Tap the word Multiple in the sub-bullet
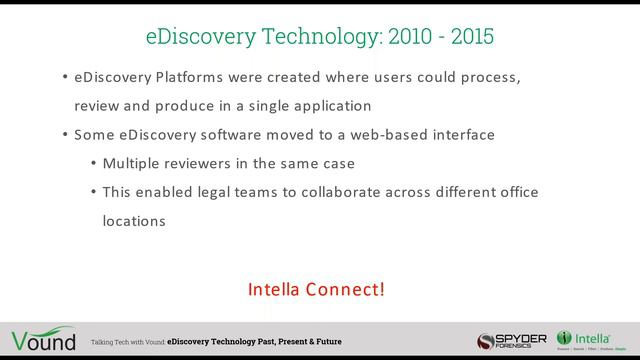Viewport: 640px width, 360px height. pos(133,163)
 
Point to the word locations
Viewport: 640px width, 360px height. pos(134,220)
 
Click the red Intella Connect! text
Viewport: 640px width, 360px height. pos(316,290)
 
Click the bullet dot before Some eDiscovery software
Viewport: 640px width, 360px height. pos(65,134)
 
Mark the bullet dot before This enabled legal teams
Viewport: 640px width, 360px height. pos(94,192)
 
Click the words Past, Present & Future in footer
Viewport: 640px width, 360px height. pos(298,342)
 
